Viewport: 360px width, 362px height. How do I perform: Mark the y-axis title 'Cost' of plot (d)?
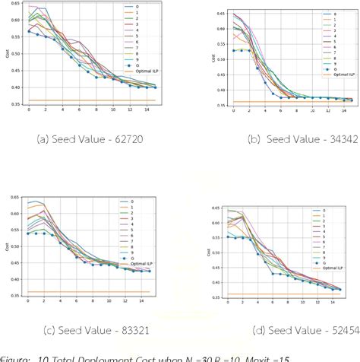click(200, 252)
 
